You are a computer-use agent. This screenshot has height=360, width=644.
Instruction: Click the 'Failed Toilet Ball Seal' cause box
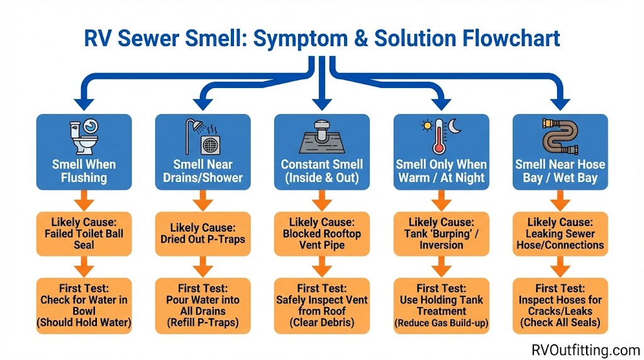pyautogui.click(x=84, y=233)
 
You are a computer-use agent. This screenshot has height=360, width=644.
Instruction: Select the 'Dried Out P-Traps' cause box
pyautogui.click(x=203, y=233)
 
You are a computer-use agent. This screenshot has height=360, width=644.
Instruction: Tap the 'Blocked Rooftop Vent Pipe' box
pyautogui.click(x=321, y=233)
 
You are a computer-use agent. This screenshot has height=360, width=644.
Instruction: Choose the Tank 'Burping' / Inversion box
pyautogui.click(x=441, y=233)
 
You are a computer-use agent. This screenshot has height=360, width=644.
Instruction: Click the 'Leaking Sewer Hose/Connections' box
pyautogui.click(x=560, y=233)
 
